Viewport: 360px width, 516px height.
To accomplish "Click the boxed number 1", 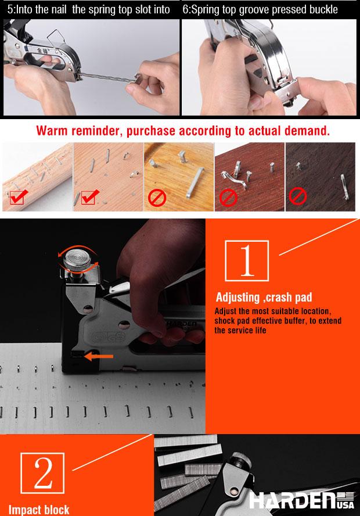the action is coord(247,261).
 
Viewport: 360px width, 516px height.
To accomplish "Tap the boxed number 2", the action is coord(42,473).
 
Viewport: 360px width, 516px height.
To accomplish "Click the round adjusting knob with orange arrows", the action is coord(77,260).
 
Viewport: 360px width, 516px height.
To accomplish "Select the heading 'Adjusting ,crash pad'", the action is coord(264,297).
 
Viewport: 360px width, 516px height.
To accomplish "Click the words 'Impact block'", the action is coord(39,510).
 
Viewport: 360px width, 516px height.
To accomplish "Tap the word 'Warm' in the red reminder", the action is coord(52,131).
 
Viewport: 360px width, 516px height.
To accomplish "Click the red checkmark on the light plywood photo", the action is coord(89,197).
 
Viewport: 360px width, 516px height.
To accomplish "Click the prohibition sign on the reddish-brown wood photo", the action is coord(228,198).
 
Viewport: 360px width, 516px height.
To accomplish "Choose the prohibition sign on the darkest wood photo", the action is coord(297,196).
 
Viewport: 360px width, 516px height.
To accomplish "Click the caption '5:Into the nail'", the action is coord(37,9).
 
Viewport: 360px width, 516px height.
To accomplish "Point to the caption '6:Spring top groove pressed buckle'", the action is coord(260,9).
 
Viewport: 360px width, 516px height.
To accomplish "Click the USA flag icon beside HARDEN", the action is coord(345,496).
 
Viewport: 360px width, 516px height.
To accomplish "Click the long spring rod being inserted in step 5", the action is coord(109,78).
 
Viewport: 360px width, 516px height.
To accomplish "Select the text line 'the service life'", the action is coord(240,330).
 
